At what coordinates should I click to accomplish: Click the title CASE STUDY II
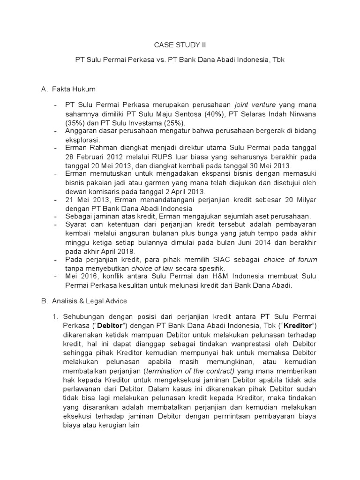point(180,45)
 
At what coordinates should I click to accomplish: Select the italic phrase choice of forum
point(290,259)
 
